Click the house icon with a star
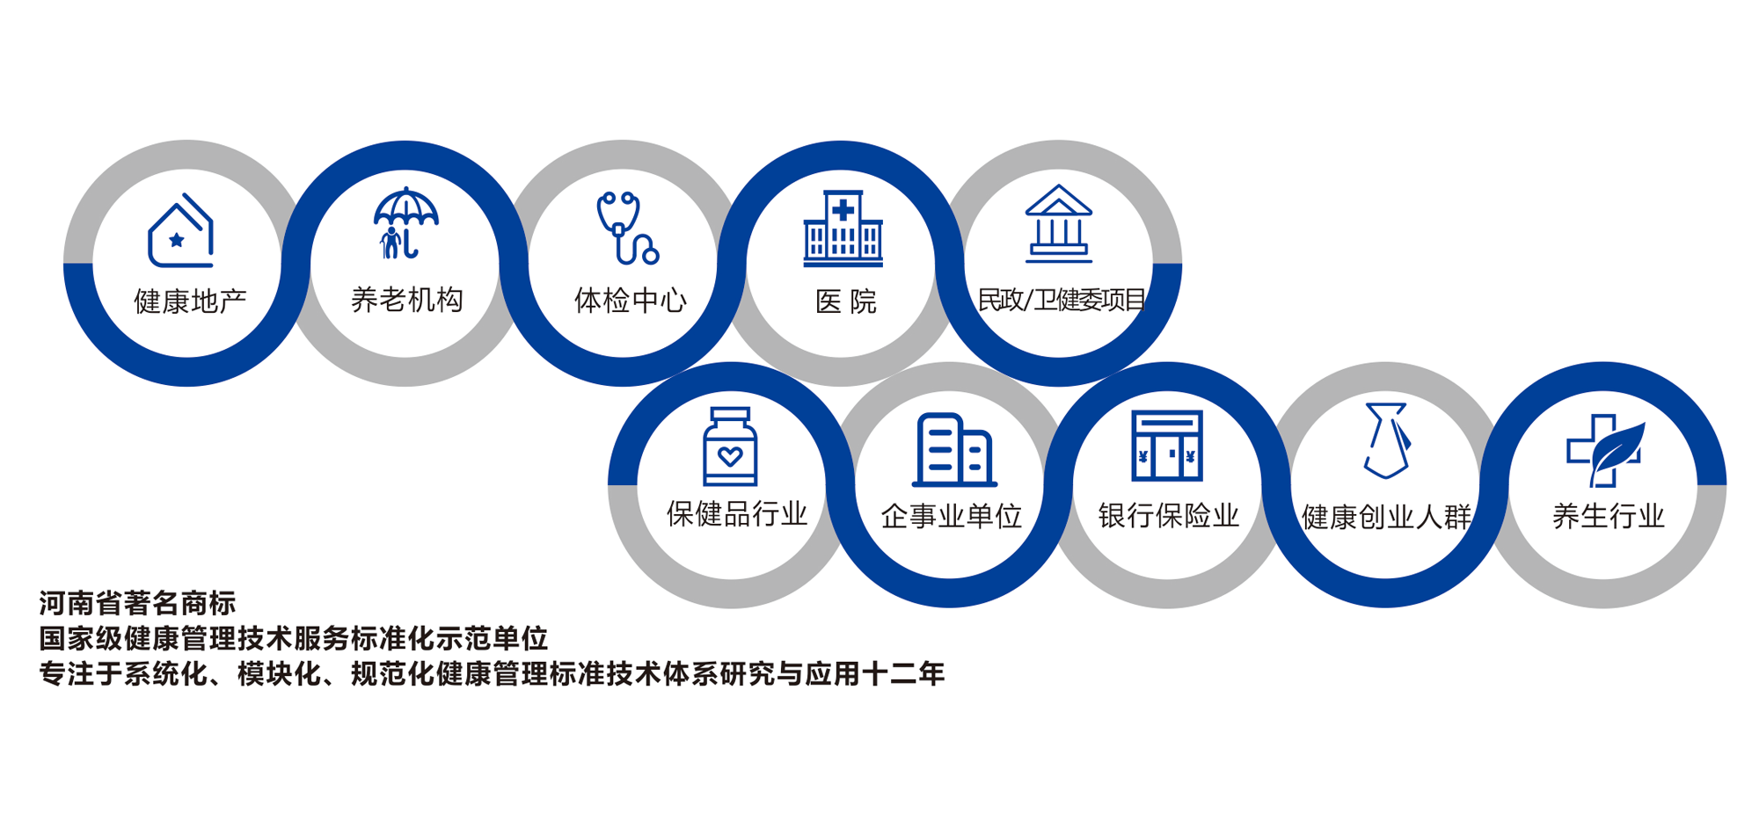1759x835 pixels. (181, 230)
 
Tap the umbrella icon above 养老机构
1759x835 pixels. (405, 223)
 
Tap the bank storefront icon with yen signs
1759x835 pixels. (1167, 446)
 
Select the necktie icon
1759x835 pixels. (1387, 440)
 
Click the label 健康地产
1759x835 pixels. (190, 301)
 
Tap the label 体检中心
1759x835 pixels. (630, 301)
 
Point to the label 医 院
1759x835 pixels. (846, 302)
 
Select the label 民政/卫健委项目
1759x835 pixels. (1062, 301)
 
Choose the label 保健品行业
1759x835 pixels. (737, 514)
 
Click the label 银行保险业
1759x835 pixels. (1169, 516)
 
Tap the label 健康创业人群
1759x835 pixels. (1387, 517)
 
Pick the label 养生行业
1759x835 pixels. (1609, 516)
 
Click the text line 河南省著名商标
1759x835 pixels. (138, 603)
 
